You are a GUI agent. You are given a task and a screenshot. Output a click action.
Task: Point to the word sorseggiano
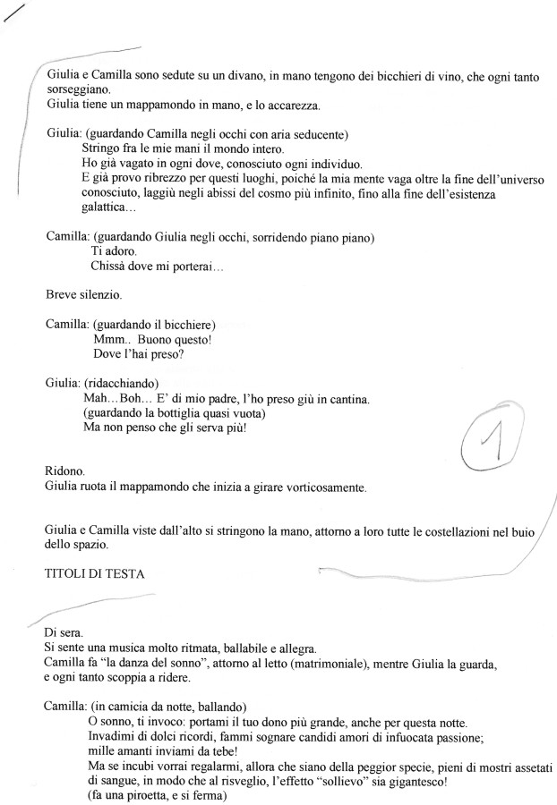[79, 91]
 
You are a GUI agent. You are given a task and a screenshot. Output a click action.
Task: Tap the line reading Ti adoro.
[111, 252]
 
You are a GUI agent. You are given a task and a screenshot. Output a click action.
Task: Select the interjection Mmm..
[109, 339]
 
